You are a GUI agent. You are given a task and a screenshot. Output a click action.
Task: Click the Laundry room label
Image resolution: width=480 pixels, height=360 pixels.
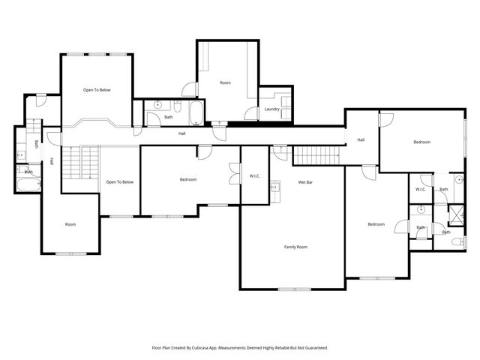pyautogui.click(x=272, y=109)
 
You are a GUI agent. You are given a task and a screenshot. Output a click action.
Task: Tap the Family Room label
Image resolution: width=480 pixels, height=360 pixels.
pyautogui.click(x=295, y=247)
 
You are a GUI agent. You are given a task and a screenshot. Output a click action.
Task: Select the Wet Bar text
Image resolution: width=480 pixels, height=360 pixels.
pyautogui.click(x=305, y=182)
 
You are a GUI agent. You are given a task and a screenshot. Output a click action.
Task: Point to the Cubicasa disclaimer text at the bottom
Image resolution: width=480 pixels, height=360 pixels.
pyautogui.click(x=240, y=347)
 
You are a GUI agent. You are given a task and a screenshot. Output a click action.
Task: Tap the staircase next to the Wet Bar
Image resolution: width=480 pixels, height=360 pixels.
pyautogui.click(x=316, y=155)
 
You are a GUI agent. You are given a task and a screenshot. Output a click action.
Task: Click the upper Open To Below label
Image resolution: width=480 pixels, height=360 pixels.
pyautogui.click(x=97, y=90)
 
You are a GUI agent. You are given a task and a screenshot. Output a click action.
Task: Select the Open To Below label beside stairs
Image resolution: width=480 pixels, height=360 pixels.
pyautogui.click(x=119, y=181)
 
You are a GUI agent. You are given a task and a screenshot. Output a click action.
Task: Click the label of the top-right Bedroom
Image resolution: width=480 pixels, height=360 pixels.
pyautogui.click(x=421, y=142)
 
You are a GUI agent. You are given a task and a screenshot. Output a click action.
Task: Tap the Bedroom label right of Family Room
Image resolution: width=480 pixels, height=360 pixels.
pyautogui.click(x=376, y=224)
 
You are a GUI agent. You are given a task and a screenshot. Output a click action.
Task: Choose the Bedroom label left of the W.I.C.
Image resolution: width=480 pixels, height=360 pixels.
pyautogui.click(x=188, y=179)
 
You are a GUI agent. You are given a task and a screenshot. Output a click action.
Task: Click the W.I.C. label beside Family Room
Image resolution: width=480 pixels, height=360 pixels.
pyautogui.click(x=255, y=176)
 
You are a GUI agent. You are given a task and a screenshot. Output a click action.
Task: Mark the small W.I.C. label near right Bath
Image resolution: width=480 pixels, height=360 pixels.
pyautogui.click(x=421, y=189)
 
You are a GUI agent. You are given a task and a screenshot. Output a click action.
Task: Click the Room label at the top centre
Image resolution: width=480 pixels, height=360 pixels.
pyautogui.click(x=225, y=82)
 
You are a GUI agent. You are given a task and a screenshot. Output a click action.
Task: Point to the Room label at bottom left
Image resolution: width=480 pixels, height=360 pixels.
pyautogui.click(x=70, y=224)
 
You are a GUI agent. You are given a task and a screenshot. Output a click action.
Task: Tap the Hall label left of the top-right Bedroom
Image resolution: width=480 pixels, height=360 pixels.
pyautogui.click(x=361, y=139)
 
